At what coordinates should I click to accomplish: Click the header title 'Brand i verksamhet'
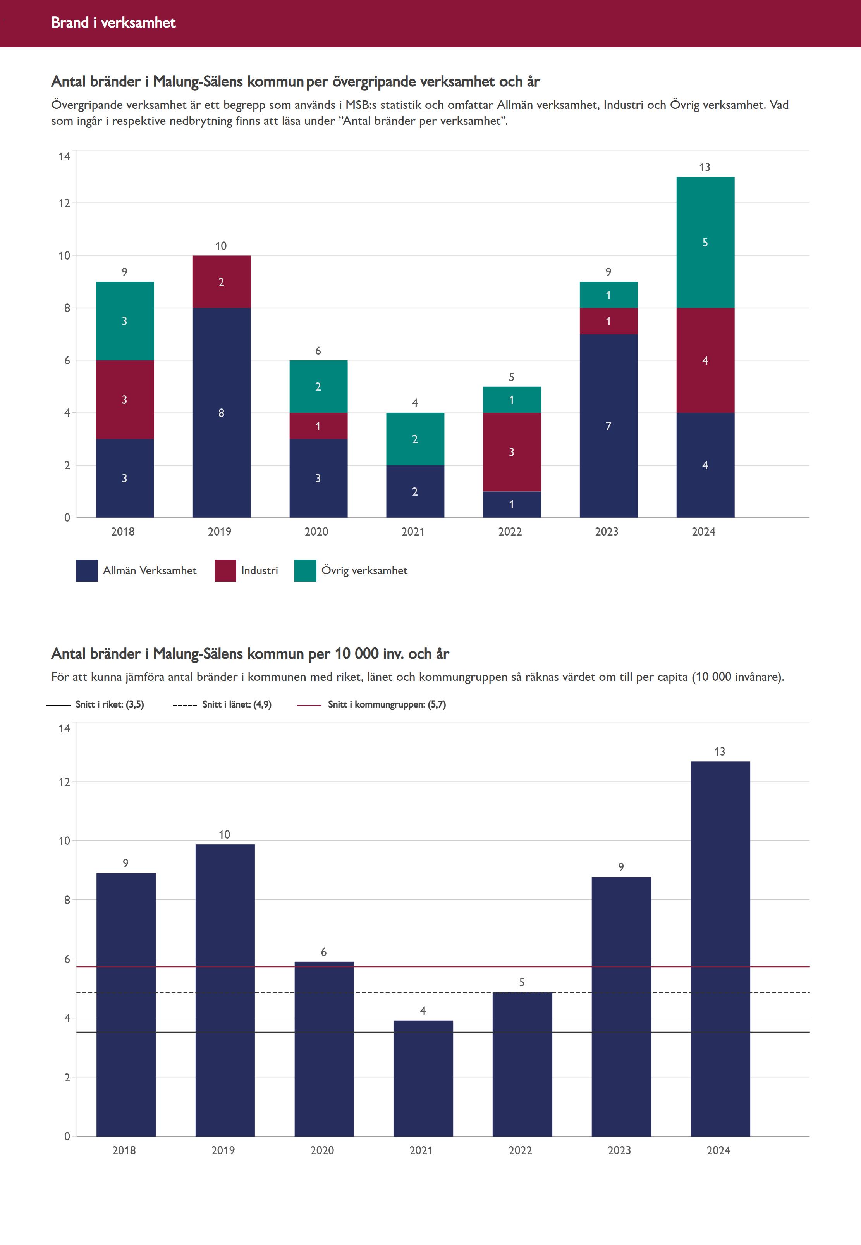point(113,22)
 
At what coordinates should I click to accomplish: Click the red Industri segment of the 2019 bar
point(221,282)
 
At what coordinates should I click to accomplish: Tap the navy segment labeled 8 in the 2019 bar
point(221,413)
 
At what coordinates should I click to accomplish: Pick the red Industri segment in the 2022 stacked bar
point(511,452)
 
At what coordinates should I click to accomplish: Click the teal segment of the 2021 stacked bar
point(415,439)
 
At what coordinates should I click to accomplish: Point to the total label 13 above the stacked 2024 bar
point(705,167)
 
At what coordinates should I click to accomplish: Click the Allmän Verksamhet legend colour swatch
point(87,570)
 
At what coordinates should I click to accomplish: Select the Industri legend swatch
point(225,570)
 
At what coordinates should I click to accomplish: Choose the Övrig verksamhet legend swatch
point(305,570)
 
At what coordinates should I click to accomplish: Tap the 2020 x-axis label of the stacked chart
point(316,532)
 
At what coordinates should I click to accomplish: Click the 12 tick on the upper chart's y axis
point(64,203)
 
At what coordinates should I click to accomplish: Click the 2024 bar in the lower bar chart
point(720,950)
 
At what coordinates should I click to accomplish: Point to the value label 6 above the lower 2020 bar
point(324,952)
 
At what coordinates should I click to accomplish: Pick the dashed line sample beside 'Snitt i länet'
point(184,705)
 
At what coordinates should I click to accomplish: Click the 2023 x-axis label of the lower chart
point(619,1150)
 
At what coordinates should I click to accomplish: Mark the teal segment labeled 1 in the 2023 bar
point(608,295)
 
